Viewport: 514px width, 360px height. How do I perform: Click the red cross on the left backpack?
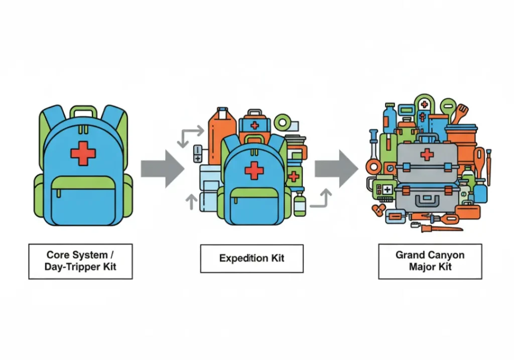pos(83,153)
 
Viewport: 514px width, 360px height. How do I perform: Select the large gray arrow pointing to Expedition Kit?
pos(162,169)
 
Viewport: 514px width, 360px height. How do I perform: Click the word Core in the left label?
pos(58,255)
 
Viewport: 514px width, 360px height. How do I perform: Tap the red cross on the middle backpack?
pos(254,171)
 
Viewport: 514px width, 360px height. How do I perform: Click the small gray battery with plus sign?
pos(198,153)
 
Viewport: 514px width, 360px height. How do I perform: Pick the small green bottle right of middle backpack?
pos(299,203)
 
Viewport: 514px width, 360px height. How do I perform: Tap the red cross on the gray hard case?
pos(427,155)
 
